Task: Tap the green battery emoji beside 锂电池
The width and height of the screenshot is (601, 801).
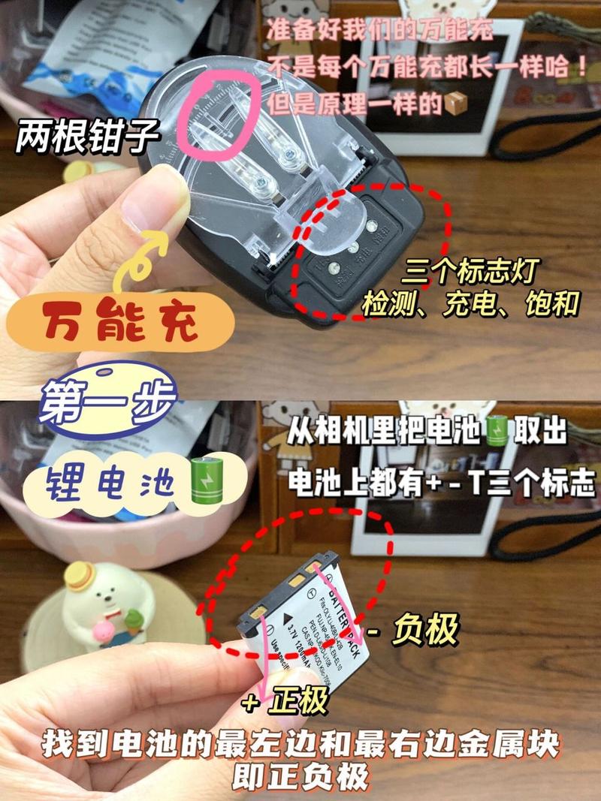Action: pyautogui.click(x=201, y=480)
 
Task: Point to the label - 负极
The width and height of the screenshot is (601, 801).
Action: pyautogui.click(x=417, y=629)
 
